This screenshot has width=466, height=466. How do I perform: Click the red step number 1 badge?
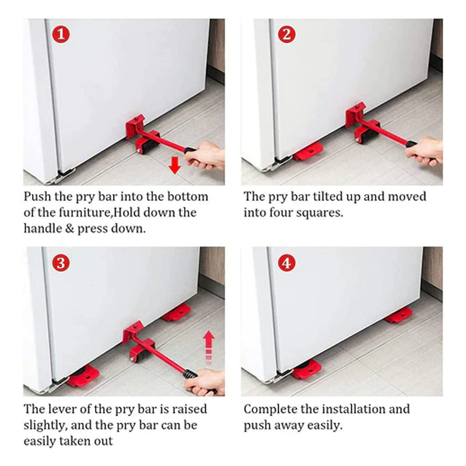[61, 34]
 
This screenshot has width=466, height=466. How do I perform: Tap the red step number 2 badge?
[286, 34]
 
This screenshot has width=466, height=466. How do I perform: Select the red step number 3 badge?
[61, 263]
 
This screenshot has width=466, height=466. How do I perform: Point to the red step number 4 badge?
[286, 263]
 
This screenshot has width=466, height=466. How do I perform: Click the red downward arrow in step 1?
[175, 165]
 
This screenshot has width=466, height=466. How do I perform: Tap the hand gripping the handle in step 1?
[205, 156]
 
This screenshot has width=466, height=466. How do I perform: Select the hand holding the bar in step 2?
[425, 151]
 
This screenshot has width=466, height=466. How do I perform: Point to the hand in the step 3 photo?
[205, 382]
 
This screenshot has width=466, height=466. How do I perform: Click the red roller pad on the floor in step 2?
[308, 151]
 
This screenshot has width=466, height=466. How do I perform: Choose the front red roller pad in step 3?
[83, 376]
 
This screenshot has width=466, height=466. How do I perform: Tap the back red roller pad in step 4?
[399, 316]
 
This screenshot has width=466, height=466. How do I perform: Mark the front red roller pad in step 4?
[306, 369]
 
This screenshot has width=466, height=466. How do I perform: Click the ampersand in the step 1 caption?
[69, 228]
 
